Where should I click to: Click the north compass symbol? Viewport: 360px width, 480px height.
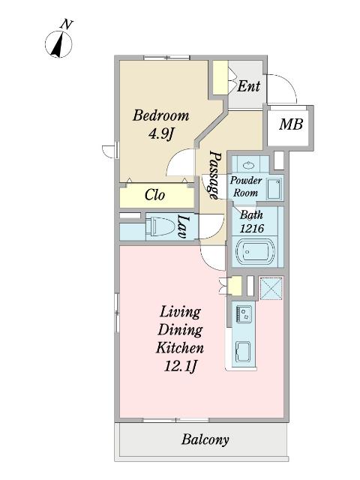[x=58, y=42]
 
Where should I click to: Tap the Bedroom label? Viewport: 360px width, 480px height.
[x=160, y=115]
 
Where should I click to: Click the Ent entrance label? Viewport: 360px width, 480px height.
[x=248, y=86]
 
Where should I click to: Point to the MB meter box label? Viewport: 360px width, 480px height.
[x=291, y=124]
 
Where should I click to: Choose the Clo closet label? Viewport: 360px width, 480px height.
[x=155, y=195]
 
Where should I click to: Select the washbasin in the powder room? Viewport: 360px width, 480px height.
[x=249, y=166]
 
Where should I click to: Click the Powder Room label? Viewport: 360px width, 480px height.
[x=245, y=187]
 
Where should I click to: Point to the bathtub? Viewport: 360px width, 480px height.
[x=255, y=252]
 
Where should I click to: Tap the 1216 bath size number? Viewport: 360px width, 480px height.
[x=252, y=228]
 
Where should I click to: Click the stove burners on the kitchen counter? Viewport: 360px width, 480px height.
[x=244, y=313]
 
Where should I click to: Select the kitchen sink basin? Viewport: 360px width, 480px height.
[x=242, y=352]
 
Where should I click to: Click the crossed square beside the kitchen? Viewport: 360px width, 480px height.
[x=271, y=288]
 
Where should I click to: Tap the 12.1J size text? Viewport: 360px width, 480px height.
[x=180, y=366]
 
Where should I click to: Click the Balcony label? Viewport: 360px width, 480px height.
[x=205, y=440]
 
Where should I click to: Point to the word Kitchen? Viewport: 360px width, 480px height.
[x=180, y=348]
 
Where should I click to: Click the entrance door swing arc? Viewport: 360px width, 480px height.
[x=286, y=82]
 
